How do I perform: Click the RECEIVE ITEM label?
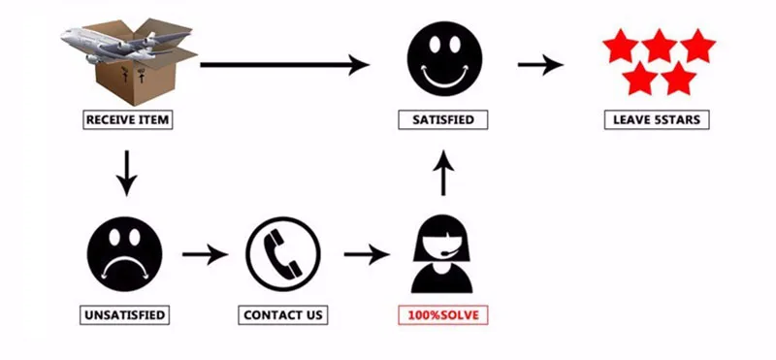click(x=128, y=119)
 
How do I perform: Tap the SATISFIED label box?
click(x=443, y=119)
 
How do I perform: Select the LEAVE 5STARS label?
click(x=657, y=119)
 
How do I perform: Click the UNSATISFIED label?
click(x=124, y=315)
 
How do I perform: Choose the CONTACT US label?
click(x=283, y=315)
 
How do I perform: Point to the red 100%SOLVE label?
click(x=443, y=315)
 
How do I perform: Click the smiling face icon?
click(x=444, y=58)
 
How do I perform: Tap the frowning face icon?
click(x=124, y=254)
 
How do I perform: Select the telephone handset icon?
click(x=283, y=254)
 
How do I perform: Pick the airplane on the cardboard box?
click(x=125, y=45)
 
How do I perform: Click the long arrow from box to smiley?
click(x=284, y=64)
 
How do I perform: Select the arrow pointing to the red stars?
click(x=540, y=64)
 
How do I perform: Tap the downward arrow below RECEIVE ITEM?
click(x=127, y=174)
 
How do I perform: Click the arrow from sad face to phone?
click(x=205, y=254)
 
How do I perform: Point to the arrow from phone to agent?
click(x=367, y=254)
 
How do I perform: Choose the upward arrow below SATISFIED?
click(x=443, y=173)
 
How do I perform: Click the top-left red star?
click(x=621, y=46)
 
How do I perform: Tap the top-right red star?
click(x=697, y=46)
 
